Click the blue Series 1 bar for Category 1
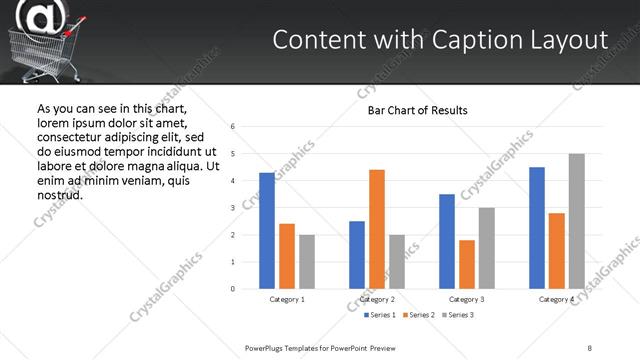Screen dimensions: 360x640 [267, 231]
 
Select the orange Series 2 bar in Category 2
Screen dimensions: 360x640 [376, 229]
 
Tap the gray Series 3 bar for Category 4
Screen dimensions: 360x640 [576, 221]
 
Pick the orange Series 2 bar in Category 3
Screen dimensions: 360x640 [467, 264]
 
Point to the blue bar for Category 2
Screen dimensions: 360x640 [357, 255]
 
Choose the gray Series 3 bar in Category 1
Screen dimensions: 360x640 [306, 262]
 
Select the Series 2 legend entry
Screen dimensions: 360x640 [419, 315]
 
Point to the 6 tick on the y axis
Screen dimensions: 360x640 [232, 127]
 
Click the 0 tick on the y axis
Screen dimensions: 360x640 [232, 289]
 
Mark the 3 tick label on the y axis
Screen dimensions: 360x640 [232, 208]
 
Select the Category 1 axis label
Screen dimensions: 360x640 [287, 299]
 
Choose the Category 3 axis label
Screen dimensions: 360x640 [467, 299]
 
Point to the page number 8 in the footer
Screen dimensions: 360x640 [590, 347]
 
